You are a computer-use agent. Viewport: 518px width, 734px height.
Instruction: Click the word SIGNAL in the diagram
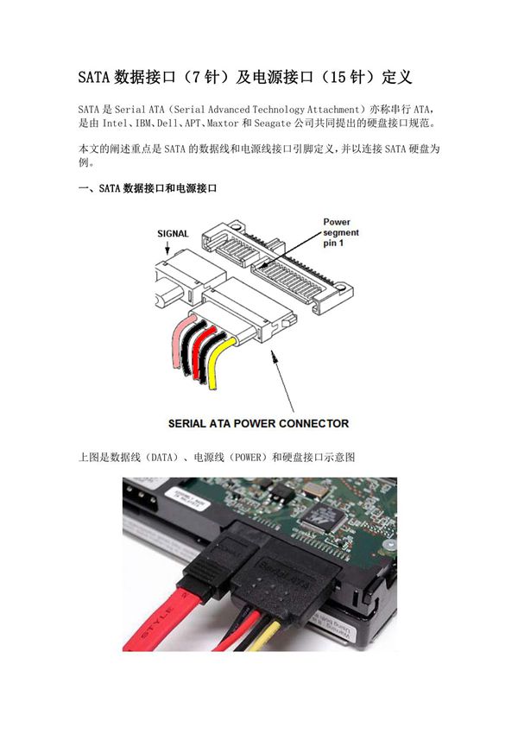coord(173,233)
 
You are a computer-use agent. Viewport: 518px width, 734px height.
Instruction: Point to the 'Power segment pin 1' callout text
coord(340,233)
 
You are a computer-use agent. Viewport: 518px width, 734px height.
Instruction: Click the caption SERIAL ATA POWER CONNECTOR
coord(258,423)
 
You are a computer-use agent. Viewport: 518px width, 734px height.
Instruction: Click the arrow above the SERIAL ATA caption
coord(285,380)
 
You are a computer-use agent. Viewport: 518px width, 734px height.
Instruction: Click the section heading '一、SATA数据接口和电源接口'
coord(148,187)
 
